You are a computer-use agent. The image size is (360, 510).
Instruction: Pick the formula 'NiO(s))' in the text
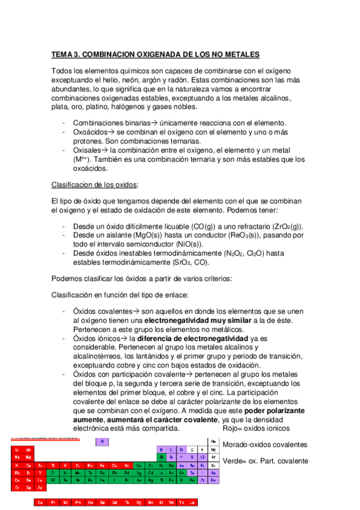[189, 244]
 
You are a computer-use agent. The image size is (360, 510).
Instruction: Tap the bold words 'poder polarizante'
[274, 411]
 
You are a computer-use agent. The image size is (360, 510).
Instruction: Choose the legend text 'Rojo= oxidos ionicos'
[256, 429]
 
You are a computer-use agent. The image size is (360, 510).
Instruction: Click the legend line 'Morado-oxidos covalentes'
[264, 445]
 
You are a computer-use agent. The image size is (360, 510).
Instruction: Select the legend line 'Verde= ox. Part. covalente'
[265, 461]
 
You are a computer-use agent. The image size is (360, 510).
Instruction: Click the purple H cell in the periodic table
[103, 442]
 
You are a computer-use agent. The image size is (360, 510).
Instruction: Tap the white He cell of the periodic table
[212, 441]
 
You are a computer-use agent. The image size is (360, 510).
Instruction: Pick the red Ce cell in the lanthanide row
[40, 502]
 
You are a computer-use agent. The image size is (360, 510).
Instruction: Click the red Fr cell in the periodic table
[17, 488]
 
